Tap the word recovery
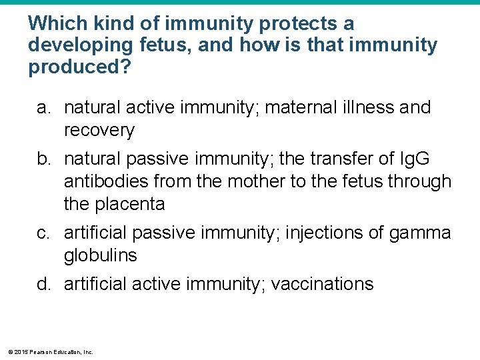pos(99,130)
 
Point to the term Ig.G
pos(415,160)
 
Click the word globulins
pos(101,255)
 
